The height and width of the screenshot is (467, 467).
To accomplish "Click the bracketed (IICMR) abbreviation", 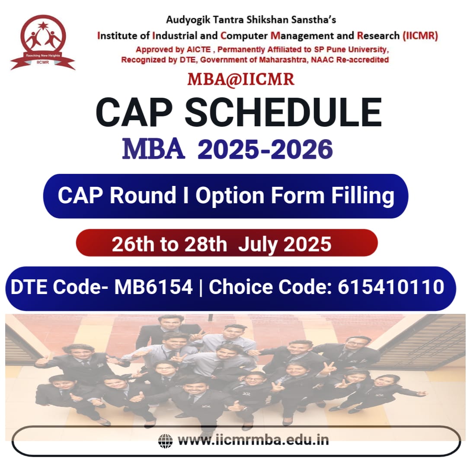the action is pyautogui.click(x=420, y=36).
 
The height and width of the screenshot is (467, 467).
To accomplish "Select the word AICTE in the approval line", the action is pyautogui.click(x=198, y=49).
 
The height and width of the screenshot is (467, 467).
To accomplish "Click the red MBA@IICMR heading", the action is pyautogui.click(x=241, y=80).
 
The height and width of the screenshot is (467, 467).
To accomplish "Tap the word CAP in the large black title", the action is pyautogui.click(x=134, y=112).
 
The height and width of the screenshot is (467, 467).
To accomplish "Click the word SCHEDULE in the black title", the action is pyautogui.click(x=283, y=112).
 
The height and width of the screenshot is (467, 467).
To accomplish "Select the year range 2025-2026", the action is pyautogui.click(x=265, y=149).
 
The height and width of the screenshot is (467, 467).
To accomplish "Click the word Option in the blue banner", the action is pyautogui.click(x=230, y=196).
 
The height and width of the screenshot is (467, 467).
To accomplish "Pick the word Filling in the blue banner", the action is pyautogui.click(x=363, y=196).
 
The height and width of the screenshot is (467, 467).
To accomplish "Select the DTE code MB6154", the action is pyautogui.click(x=154, y=287).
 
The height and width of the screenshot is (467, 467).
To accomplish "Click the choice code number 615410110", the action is pyautogui.click(x=391, y=287).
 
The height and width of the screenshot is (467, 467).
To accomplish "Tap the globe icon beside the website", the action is pyautogui.click(x=165, y=441).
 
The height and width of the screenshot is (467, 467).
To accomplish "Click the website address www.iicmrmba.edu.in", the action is pyautogui.click(x=253, y=440).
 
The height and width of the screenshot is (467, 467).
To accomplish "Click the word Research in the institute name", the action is pyautogui.click(x=378, y=36).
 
